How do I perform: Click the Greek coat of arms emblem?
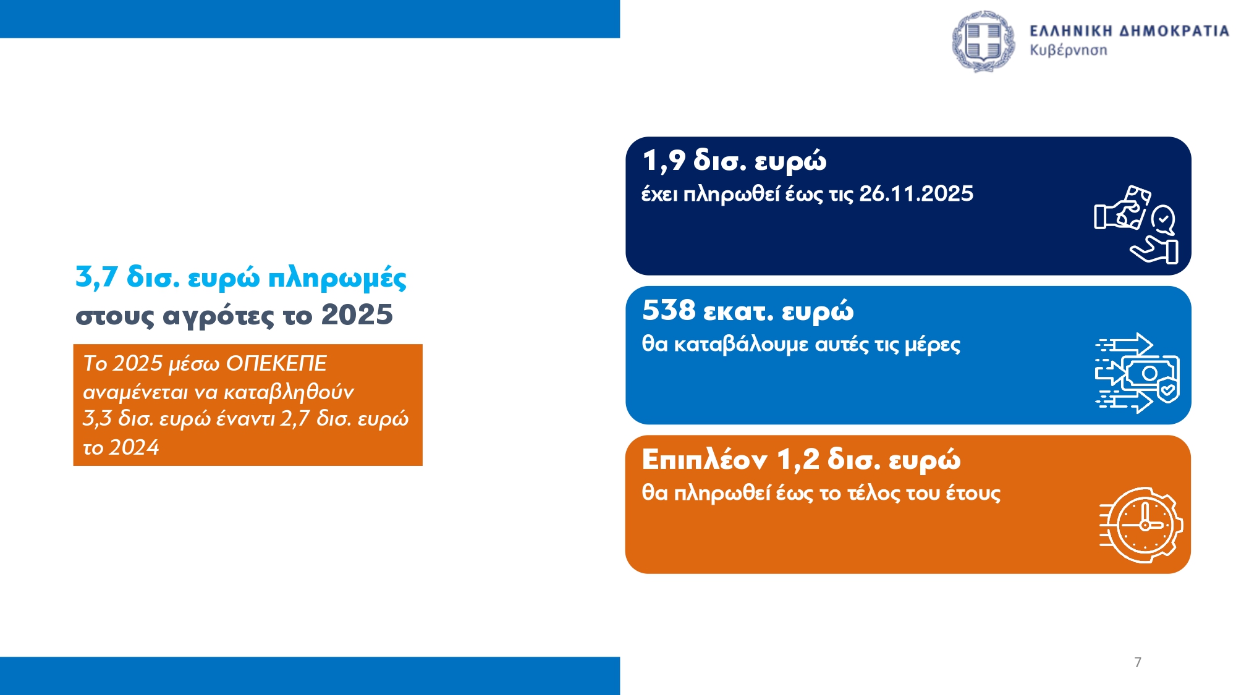[x=983, y=41]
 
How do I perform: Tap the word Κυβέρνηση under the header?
[x=1068, y=51]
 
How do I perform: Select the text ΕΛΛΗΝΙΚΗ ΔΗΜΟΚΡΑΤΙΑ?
[x=1129, y=31]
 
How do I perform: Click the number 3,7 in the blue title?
[x=96, y=277]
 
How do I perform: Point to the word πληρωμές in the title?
[x=337, y=279]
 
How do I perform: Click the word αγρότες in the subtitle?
[x=218, y=316]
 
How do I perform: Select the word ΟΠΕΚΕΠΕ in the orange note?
[x=276, y=363]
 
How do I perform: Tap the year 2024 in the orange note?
[x=134, y=447]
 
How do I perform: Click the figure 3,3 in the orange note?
[x=97, y=419]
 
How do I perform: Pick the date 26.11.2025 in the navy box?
[x=916, y=194]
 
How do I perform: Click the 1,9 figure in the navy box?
[x=664, y=161]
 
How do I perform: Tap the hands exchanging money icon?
[x=1136, y=224]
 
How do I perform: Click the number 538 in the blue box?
[x=669, y=310]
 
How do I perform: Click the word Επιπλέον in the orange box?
[x=705, y=460]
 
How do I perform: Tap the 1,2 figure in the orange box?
[x=798, y=460]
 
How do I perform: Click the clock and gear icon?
[x=1141, y=525]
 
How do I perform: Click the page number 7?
[x=1138, y=662]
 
